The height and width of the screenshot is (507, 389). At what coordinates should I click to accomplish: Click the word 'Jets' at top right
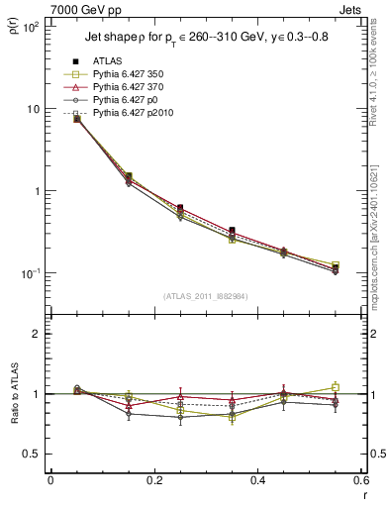[x=351, y=9]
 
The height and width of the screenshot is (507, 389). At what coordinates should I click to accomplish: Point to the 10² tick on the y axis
[x=30, y=27]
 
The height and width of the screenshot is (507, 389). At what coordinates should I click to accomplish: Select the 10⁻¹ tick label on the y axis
[x=30, y=273]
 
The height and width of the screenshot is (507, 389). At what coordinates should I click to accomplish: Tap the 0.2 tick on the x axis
[x=153, y=480]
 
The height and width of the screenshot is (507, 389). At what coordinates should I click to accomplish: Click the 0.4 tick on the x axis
[x=257, y=480]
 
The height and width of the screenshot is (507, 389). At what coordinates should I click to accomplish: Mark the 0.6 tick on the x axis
[x=360, y=480]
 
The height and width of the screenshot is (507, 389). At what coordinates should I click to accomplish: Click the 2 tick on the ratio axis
[x=36, y=334]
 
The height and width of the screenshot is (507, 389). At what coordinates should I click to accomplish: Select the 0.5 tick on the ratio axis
[x=32, y=454]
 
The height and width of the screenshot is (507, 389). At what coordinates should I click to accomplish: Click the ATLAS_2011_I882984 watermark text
[x=205, y=296]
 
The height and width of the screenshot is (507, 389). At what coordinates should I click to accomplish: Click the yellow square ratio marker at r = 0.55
[x=335, y=387]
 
